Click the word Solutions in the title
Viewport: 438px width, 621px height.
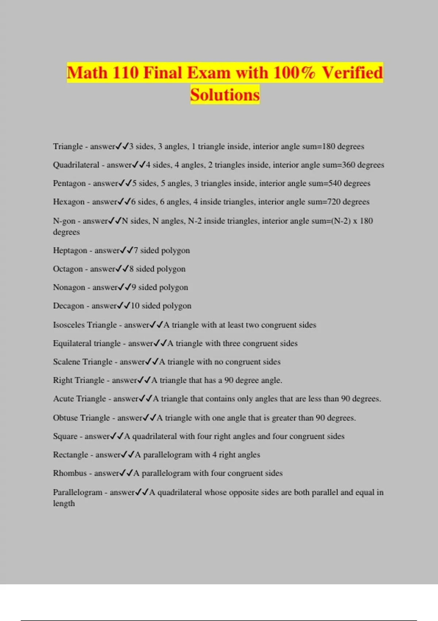click(x=224, y=95)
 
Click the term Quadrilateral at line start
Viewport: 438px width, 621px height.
click(x=76, y=165)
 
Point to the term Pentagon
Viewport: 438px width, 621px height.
click(x=69, y=183)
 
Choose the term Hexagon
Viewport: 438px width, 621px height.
click(x=69, y=202)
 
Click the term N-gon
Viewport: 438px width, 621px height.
click(x=64, y=221)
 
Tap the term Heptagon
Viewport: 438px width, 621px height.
click(x=70, y=251)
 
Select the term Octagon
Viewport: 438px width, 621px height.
click(x=68, y=269)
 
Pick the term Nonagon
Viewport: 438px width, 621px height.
click(x=69, y=287)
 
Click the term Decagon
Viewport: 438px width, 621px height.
click(x=69, y=306)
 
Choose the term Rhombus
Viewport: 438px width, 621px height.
click(x=70, y=473)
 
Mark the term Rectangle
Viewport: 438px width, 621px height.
click(x=70, y=455)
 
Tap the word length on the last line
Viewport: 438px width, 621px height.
click(x=64, y=503)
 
